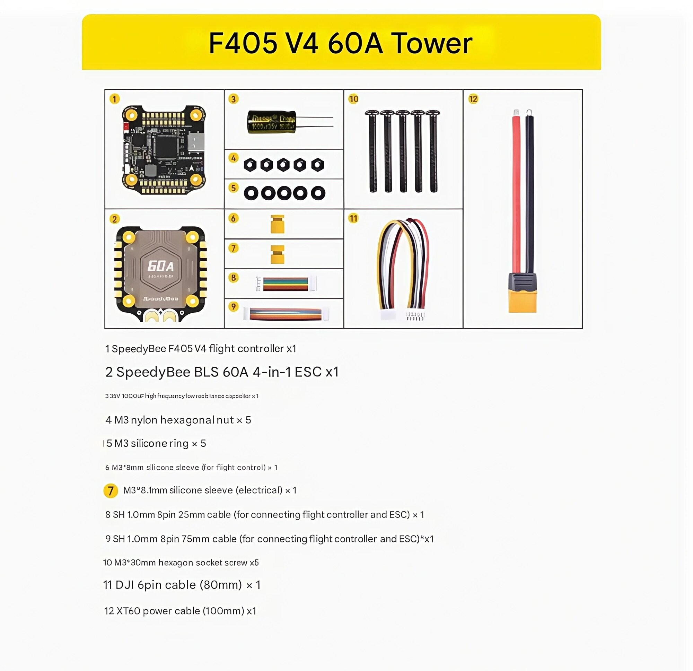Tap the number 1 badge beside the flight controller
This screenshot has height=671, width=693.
pos(114,99)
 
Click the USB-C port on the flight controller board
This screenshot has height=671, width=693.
pos(196,142)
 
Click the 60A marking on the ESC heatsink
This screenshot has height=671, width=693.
pos(160,266)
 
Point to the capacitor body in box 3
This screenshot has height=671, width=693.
pos(272,122)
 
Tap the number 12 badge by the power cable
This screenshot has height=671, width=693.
pos(473,99)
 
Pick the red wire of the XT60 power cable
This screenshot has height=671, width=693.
pos(516,191)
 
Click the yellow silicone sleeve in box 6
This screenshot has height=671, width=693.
pos(277,224)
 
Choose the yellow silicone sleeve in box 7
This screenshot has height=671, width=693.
pos(277,254)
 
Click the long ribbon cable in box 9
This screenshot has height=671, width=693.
pos(286,314)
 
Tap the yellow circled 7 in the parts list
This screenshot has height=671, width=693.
pos(111,491)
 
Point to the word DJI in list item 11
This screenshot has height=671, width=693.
pos(125,585)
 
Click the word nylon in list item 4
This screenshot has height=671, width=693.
pos(144,420)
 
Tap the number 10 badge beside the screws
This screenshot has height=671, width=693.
pos(353,99)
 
